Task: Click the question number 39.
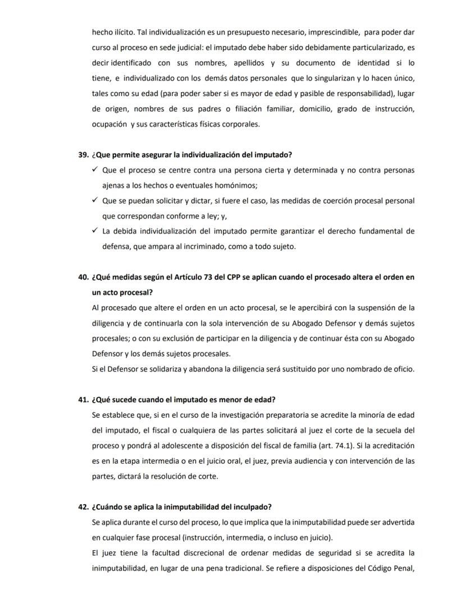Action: [x=83, y=155]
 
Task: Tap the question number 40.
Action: [x=83, y=277]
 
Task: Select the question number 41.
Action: [x=83, y=400]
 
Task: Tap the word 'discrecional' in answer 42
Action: [x=198, y=553]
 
